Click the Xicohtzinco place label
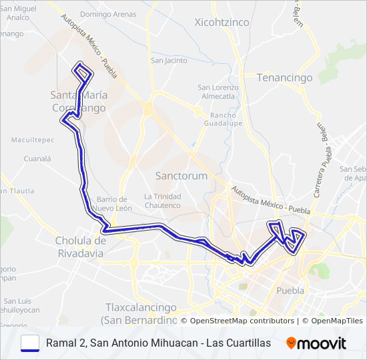[x=222, y=23]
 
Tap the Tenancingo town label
[x=285, y=78]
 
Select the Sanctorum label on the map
[x=181, y=176]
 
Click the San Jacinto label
[x=169, y=61]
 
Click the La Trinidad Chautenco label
[x=162, y=201]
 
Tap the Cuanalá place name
[x=37, y=159]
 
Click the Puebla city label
[x=290, y=291]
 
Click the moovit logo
[x=316, y=343]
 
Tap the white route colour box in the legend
[x=30, y=343]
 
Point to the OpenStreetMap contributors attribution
[x=242, y=321]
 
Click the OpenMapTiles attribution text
[x=336, y=321]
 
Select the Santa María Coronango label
[x=79, y=101]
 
